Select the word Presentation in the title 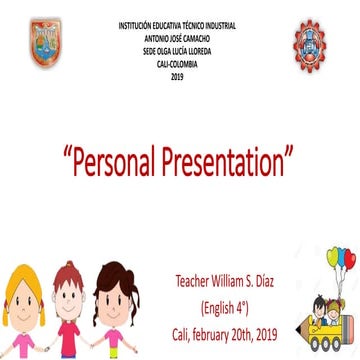(231, 159)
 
